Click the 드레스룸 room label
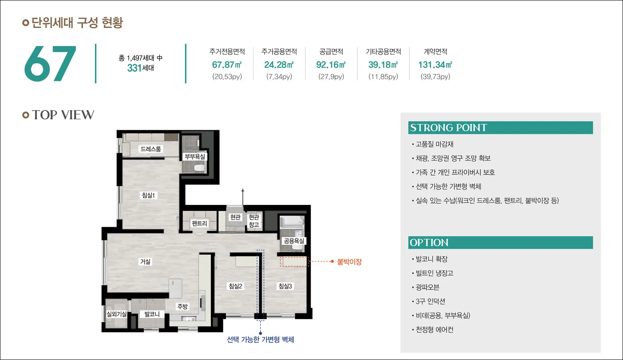150,149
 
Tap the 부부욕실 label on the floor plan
195,156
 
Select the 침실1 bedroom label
148,195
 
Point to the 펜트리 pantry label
199,223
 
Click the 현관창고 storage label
253,221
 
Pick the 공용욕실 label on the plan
294,241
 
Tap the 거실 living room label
145,261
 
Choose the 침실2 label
235,286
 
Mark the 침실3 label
285,286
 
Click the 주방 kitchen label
183,306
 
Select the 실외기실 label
116,314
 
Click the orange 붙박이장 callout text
349,262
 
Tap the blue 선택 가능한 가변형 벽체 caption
260,339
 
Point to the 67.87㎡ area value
227,65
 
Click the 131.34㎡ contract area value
435,65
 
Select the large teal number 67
50,64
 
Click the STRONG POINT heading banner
501,128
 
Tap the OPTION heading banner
501,243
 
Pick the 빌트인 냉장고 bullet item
433,273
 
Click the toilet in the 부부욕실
199,168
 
